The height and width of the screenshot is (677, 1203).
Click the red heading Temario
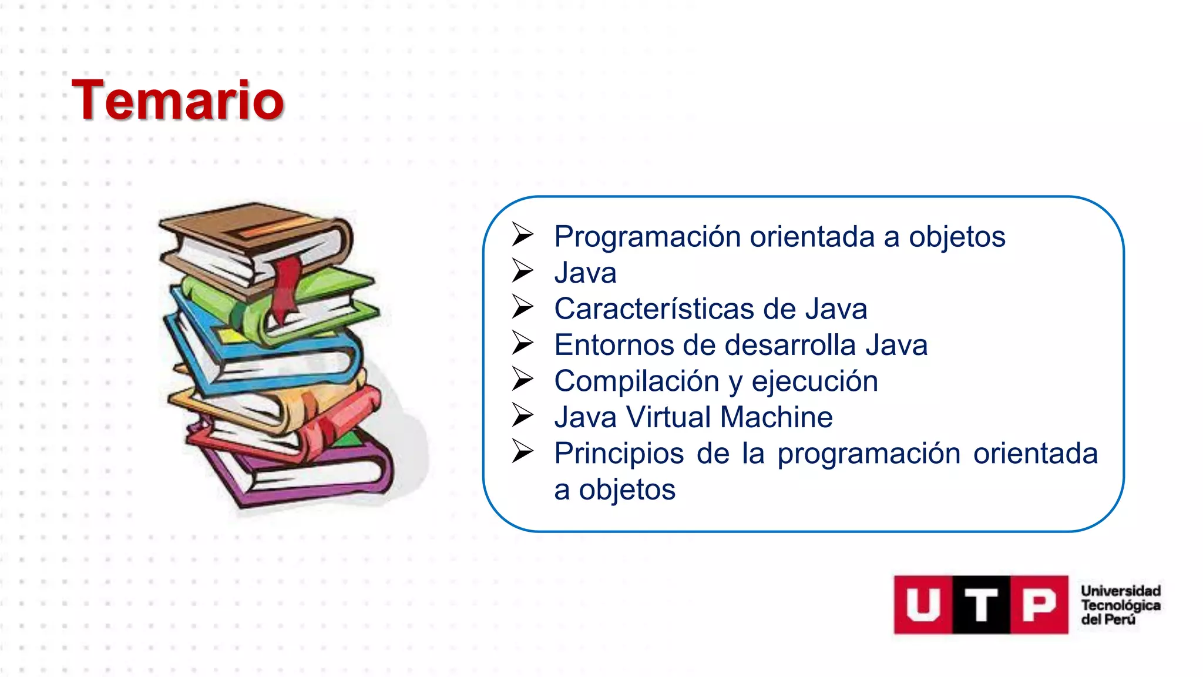click(177, 100)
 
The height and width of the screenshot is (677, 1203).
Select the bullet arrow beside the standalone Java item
click(522, 270)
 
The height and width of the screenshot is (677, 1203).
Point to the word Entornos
click(613, 345)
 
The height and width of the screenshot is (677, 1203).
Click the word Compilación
click(636, 381)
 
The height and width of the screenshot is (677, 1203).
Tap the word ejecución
click(814, 381)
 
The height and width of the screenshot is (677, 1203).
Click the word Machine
click(776, 417)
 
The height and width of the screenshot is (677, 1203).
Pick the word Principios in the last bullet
click(619, 454)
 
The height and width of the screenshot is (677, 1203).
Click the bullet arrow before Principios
click(522, 451)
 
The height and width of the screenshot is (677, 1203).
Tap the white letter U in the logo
click(922, 605)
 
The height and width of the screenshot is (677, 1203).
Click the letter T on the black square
click(980, 605)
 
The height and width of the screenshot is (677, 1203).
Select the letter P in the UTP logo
click(1039, 605)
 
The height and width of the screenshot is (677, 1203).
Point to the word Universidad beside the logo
click(1121, 591)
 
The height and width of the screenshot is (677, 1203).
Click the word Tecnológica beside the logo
click(1121, 605)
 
